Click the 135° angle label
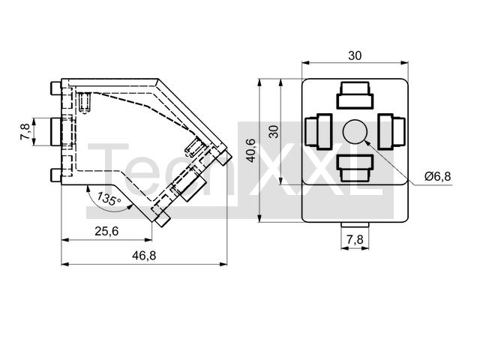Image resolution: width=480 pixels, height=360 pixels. [x=109, y=199]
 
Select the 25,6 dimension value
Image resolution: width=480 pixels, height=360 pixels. [x=106, y=231]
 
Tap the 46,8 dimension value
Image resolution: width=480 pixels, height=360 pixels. [x=144, y=255]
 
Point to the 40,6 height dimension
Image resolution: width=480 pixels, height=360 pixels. [x=252, y=150]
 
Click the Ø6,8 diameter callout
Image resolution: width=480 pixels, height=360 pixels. [x=437, y=176]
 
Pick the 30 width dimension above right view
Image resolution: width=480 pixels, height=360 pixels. [x=355, y=55]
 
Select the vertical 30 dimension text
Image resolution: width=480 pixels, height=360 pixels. [x=275, y=132]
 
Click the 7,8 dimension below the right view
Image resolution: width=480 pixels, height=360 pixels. [x=355, y=240]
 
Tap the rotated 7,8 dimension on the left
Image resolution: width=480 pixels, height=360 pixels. [x=25, y=132]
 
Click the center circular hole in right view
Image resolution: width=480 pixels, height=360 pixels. [x=355, y=132]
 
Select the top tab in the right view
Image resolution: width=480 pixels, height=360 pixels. [x=355, y=95]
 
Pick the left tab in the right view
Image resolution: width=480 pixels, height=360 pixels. [x=319, y=132]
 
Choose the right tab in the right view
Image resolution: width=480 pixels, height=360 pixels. [x=391, y=132]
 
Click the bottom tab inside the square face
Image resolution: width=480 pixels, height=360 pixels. [x=355, y=168]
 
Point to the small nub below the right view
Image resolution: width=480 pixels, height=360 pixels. [x=355, y=225]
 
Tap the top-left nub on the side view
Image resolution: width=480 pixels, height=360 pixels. [x=55, y=88]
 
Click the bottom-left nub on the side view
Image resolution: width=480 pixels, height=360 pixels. [x=55, y=175]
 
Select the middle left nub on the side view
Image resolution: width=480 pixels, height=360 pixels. [x=55, y=132]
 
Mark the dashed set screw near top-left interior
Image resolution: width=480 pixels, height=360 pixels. [x=85, y=103]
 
